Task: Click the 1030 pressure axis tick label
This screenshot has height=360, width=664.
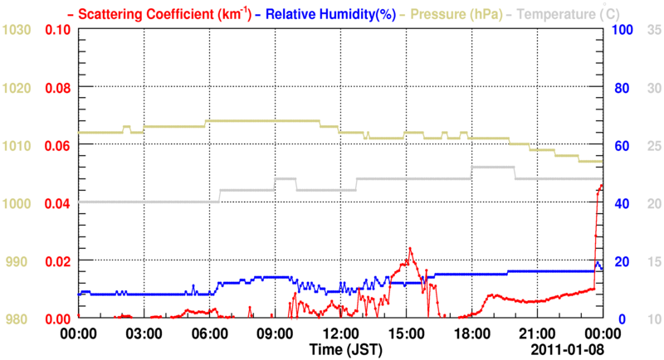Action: click(17, 30)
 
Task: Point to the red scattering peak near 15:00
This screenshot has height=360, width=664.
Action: click(409, 248)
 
